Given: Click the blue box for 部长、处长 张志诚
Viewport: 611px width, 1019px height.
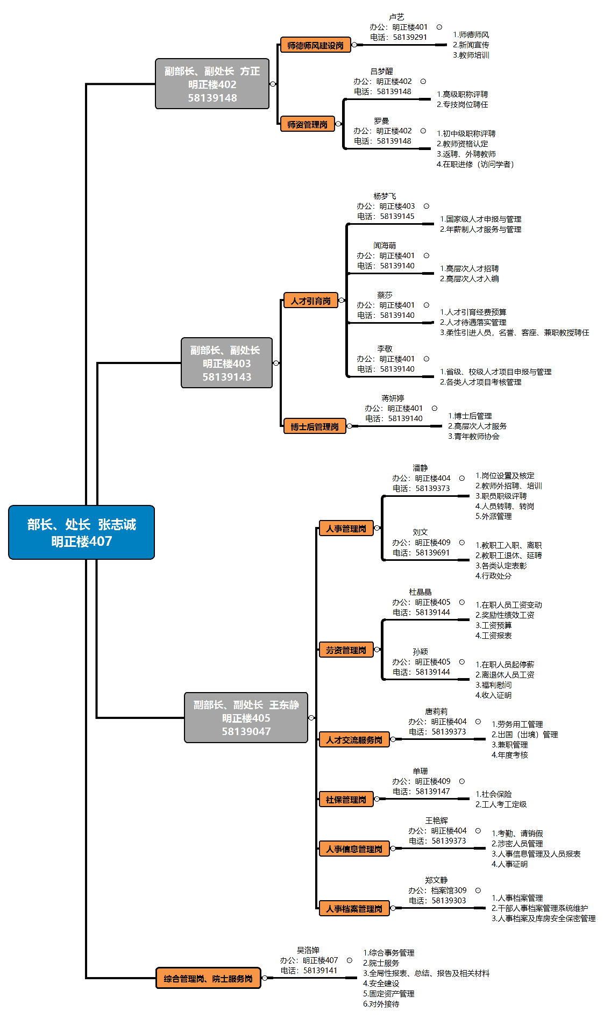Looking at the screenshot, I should pos(81,532).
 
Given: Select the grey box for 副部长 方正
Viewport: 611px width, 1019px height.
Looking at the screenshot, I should pos(212,84).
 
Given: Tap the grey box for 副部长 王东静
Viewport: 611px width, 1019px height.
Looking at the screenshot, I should pos(246,717).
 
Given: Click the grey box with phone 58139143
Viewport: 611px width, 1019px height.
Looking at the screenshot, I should pos(226,363).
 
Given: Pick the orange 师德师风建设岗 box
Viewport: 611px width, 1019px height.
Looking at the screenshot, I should pos(315,45).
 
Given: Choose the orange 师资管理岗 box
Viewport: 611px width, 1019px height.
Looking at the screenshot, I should pos(307,124).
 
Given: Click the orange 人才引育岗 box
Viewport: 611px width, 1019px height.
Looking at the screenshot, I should pos(310,301).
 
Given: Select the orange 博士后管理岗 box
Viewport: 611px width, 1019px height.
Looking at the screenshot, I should pos(314,426).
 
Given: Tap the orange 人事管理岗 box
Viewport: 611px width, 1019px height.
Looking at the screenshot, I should pos(346,529).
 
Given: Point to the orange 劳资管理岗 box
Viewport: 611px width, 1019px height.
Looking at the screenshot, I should pos(346,650).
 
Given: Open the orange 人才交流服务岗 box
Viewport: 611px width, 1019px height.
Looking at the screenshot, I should pos(354,740).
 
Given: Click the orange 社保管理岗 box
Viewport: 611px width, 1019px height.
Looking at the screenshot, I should pos(346,800).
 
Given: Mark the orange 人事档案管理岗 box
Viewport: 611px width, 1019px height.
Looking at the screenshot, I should pos(354,909).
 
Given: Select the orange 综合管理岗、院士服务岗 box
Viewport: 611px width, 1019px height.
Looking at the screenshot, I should pos(208,979).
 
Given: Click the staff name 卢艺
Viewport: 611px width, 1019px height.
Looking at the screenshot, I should pos(396,17).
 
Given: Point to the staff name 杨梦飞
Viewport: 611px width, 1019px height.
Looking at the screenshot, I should pos(385,196).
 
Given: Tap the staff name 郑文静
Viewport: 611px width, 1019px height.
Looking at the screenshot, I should pos(436,880).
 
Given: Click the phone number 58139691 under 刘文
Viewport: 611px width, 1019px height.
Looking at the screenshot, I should pos(432,553).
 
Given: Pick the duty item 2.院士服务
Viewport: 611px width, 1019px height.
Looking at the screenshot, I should pos(381,963).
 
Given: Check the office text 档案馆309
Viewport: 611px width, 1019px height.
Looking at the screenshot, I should pos(449,890).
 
